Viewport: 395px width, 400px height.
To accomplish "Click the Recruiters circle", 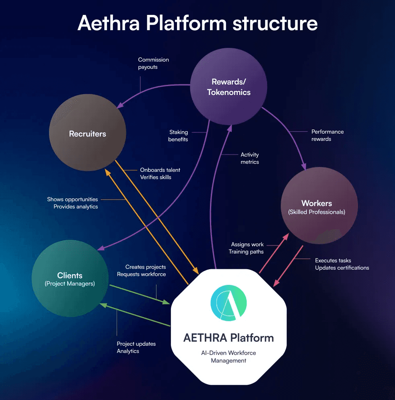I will [x=88, y=134].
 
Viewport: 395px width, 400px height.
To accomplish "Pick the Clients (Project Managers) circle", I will [x=70, y=279].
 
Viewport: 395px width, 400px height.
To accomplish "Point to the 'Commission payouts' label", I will [x=153, y=63].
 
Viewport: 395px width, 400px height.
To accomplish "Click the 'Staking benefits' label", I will [x=178, y=136].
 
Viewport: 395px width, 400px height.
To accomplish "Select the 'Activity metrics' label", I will [x=249, y=158].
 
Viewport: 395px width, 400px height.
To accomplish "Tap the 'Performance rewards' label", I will [x=327, y=135].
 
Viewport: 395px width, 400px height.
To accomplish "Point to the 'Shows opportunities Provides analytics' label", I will [x=72, y=203].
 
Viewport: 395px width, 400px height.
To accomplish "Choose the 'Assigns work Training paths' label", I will [x=246, y=248].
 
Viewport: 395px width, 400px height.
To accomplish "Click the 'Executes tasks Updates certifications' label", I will [x=342, y=264].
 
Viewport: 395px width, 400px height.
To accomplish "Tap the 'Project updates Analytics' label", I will [x=136, y=347].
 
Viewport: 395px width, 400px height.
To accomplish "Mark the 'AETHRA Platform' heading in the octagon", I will [x=228, y=337].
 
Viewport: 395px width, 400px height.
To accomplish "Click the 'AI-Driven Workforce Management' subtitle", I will [x=228, y=357].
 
